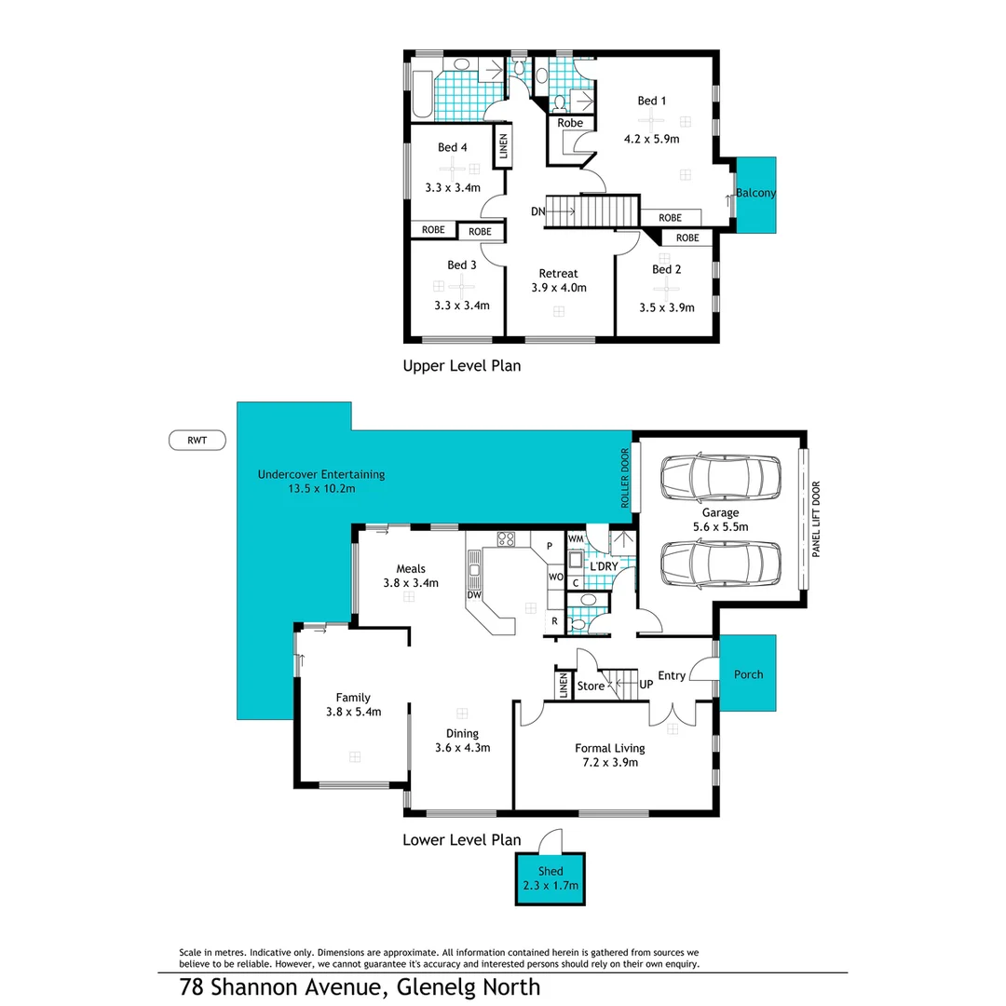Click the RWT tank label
(197, 441)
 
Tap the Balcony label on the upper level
(755, 194)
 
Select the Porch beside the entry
(748, 673)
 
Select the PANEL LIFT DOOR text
(815, 519)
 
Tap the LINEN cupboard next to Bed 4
(503, 148)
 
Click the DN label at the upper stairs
(537, 211)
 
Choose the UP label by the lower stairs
(646, 685)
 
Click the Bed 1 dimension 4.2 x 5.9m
(651, 140)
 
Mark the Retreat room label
(559, 273)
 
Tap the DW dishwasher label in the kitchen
(474, 594)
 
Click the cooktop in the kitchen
(506, 537)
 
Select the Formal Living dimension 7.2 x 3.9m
(609, 763)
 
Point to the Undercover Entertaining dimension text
(320, 488)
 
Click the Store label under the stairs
(591, 687)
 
